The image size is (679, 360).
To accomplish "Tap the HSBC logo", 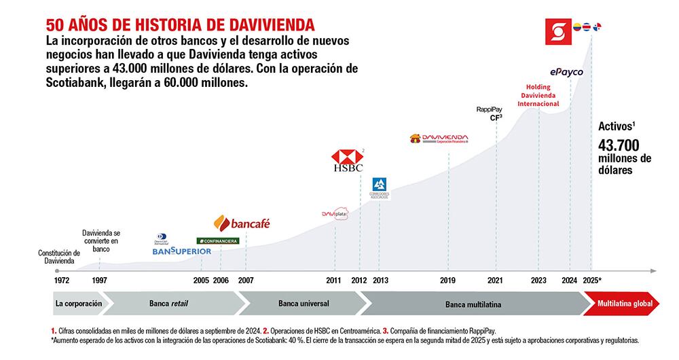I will click(x=348, y=160).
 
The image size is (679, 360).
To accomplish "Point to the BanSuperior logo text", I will click(x=181, y=251).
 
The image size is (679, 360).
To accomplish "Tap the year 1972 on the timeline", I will click(x=61, y=280).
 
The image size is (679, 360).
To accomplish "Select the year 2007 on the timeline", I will click(x=246, y=280).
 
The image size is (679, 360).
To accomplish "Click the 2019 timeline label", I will click(x=447, y=280).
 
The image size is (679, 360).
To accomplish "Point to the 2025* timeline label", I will click(x=591, y=280).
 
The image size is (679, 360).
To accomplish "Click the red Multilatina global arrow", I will click(x=625, y=304).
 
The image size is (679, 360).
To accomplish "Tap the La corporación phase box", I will click(x=79, y=304).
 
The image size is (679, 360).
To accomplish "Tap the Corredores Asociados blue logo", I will click(x=379, y=187).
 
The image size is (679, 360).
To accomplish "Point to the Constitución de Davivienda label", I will click(x=58, y=257).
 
